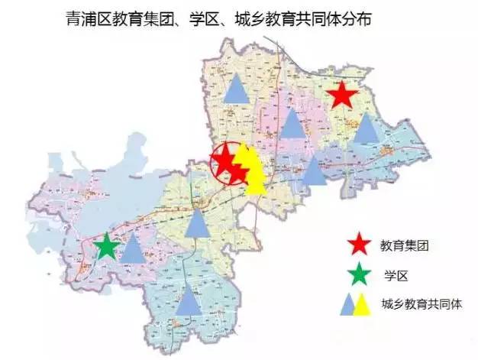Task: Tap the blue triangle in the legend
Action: pyautogui.click(x=348, y=303)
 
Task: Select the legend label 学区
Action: pyautogui.click(x=396, y=274)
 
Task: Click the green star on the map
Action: pyautogui.click(x=107, y=248)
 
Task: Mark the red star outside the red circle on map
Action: pyautogui.click(x=342, y=96)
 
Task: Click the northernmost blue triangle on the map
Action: pyautogui.click(x=237, y=89)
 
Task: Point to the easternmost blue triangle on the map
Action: pyautogui.click(x=367, y=128)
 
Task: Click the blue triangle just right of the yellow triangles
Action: pyautogui.click(x=313, y=173)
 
